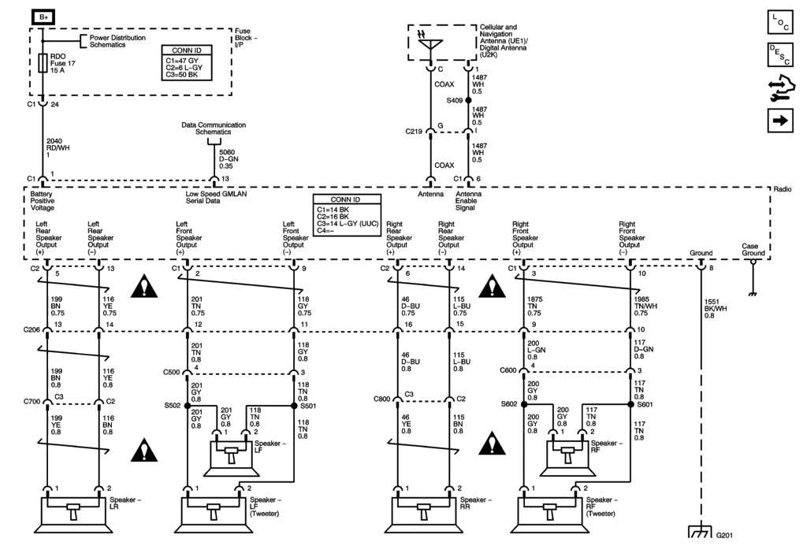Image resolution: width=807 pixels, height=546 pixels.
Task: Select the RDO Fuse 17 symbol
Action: click(43, 63)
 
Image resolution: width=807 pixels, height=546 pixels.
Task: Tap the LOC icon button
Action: click(779, 21)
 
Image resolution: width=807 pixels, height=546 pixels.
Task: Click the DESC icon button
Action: click(779, 54)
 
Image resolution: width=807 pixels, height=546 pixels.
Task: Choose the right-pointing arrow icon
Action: click(779, 121)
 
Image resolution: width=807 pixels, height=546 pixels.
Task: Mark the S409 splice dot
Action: click(468, 101)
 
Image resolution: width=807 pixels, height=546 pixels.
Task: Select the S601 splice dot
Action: click(630, 404)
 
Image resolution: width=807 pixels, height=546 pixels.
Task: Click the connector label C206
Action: click(32, 330)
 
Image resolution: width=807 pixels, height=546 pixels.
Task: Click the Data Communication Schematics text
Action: click(214, 128)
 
